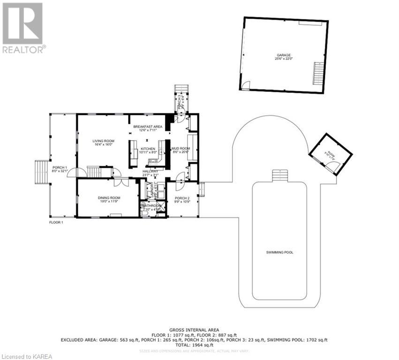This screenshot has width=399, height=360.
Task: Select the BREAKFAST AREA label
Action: pyautogui.click(x=147, y=127)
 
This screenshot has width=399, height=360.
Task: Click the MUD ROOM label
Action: pyautogui.click(x=180, y=149)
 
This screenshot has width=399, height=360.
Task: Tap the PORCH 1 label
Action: pyautogui.click(x=60, y=168)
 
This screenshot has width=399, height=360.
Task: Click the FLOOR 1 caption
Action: pyautogui.click(x=56, y=222)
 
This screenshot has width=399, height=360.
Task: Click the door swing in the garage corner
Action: pyautogui.click(x=245, y=85)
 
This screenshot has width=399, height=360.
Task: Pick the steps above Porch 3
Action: pyautogui.click(x=181, y=90)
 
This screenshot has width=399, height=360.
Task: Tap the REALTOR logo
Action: pyautogui.click(x=23, y=27)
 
